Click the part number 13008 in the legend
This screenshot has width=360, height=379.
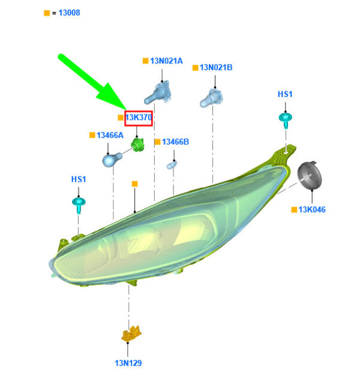tap(69, 13)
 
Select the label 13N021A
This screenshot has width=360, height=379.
tap(166, 61)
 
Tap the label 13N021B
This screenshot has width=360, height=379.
tap(216, 67)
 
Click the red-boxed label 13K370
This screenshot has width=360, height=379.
tap(139, 118)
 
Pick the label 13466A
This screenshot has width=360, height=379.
tap(110, 136)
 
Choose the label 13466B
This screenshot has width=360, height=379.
tap(175, 142)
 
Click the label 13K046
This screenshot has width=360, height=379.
tap(312, 209)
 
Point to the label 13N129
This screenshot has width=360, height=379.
tap(128, 363)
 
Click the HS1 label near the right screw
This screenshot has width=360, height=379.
tap(285, 94)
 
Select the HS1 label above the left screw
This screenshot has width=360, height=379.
tap(79, 179)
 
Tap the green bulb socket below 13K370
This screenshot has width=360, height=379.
tap(137, 145)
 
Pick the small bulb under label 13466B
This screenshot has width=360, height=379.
tap(172, 165)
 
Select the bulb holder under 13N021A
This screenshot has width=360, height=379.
tap(158, 94)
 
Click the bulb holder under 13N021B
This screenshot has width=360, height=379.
tap(211, 98)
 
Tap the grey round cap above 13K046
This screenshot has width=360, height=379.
tap(310, 175)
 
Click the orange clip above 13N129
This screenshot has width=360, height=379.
tap(131, 333)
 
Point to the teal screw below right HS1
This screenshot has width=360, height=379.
tap(286, 120)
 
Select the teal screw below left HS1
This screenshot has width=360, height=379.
tap(79, 205)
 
